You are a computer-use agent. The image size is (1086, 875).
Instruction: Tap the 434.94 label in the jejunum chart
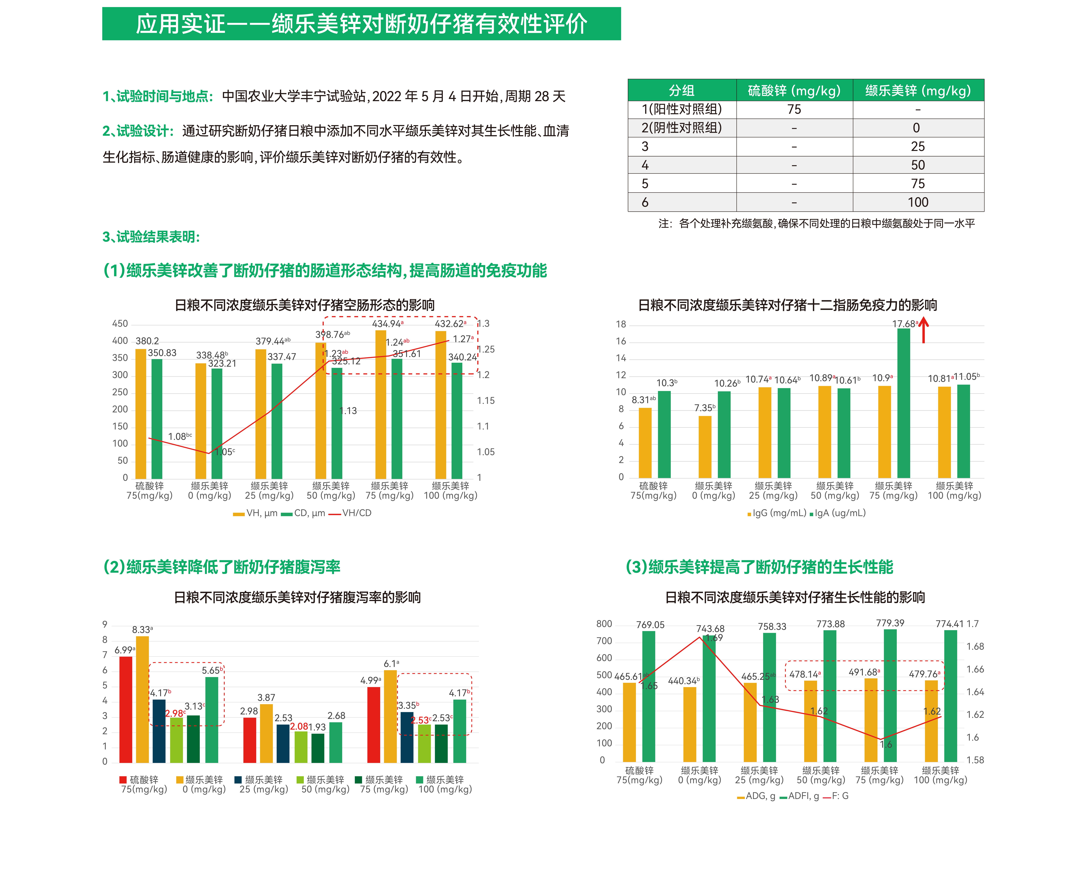(x=387, y=324)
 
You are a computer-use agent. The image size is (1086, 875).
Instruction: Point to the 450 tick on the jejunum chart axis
(x=120, y=324)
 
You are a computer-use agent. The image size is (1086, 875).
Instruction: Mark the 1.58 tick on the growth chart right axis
(x=975, y=760)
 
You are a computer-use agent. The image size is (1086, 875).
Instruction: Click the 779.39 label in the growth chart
(x=890, y=623)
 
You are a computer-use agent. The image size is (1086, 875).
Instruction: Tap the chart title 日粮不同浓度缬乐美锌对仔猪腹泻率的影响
(x=297, y=597)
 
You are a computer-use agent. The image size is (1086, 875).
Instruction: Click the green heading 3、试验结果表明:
(x=151, y=237)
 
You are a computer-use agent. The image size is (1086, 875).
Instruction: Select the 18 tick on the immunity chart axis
(x=621, y=324)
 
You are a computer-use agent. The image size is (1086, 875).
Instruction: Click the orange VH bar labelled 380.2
(x=141, y=413)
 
